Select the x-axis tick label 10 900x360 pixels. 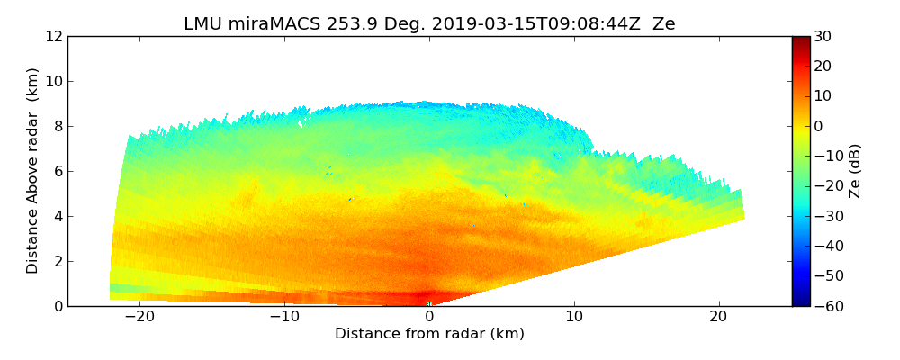point(574,317)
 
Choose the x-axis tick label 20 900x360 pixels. point(719,317)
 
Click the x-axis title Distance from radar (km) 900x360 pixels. point(429,334)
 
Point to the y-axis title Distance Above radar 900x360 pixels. point(33,170)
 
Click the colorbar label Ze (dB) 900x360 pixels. point(855,171)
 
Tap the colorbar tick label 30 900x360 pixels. point(823,37)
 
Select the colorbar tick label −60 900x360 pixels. point(826,306)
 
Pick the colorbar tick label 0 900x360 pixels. point(819,126)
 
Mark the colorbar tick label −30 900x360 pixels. point(826,216)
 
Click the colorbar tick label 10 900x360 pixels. point(823,96)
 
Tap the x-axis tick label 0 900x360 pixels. point(429,317)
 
